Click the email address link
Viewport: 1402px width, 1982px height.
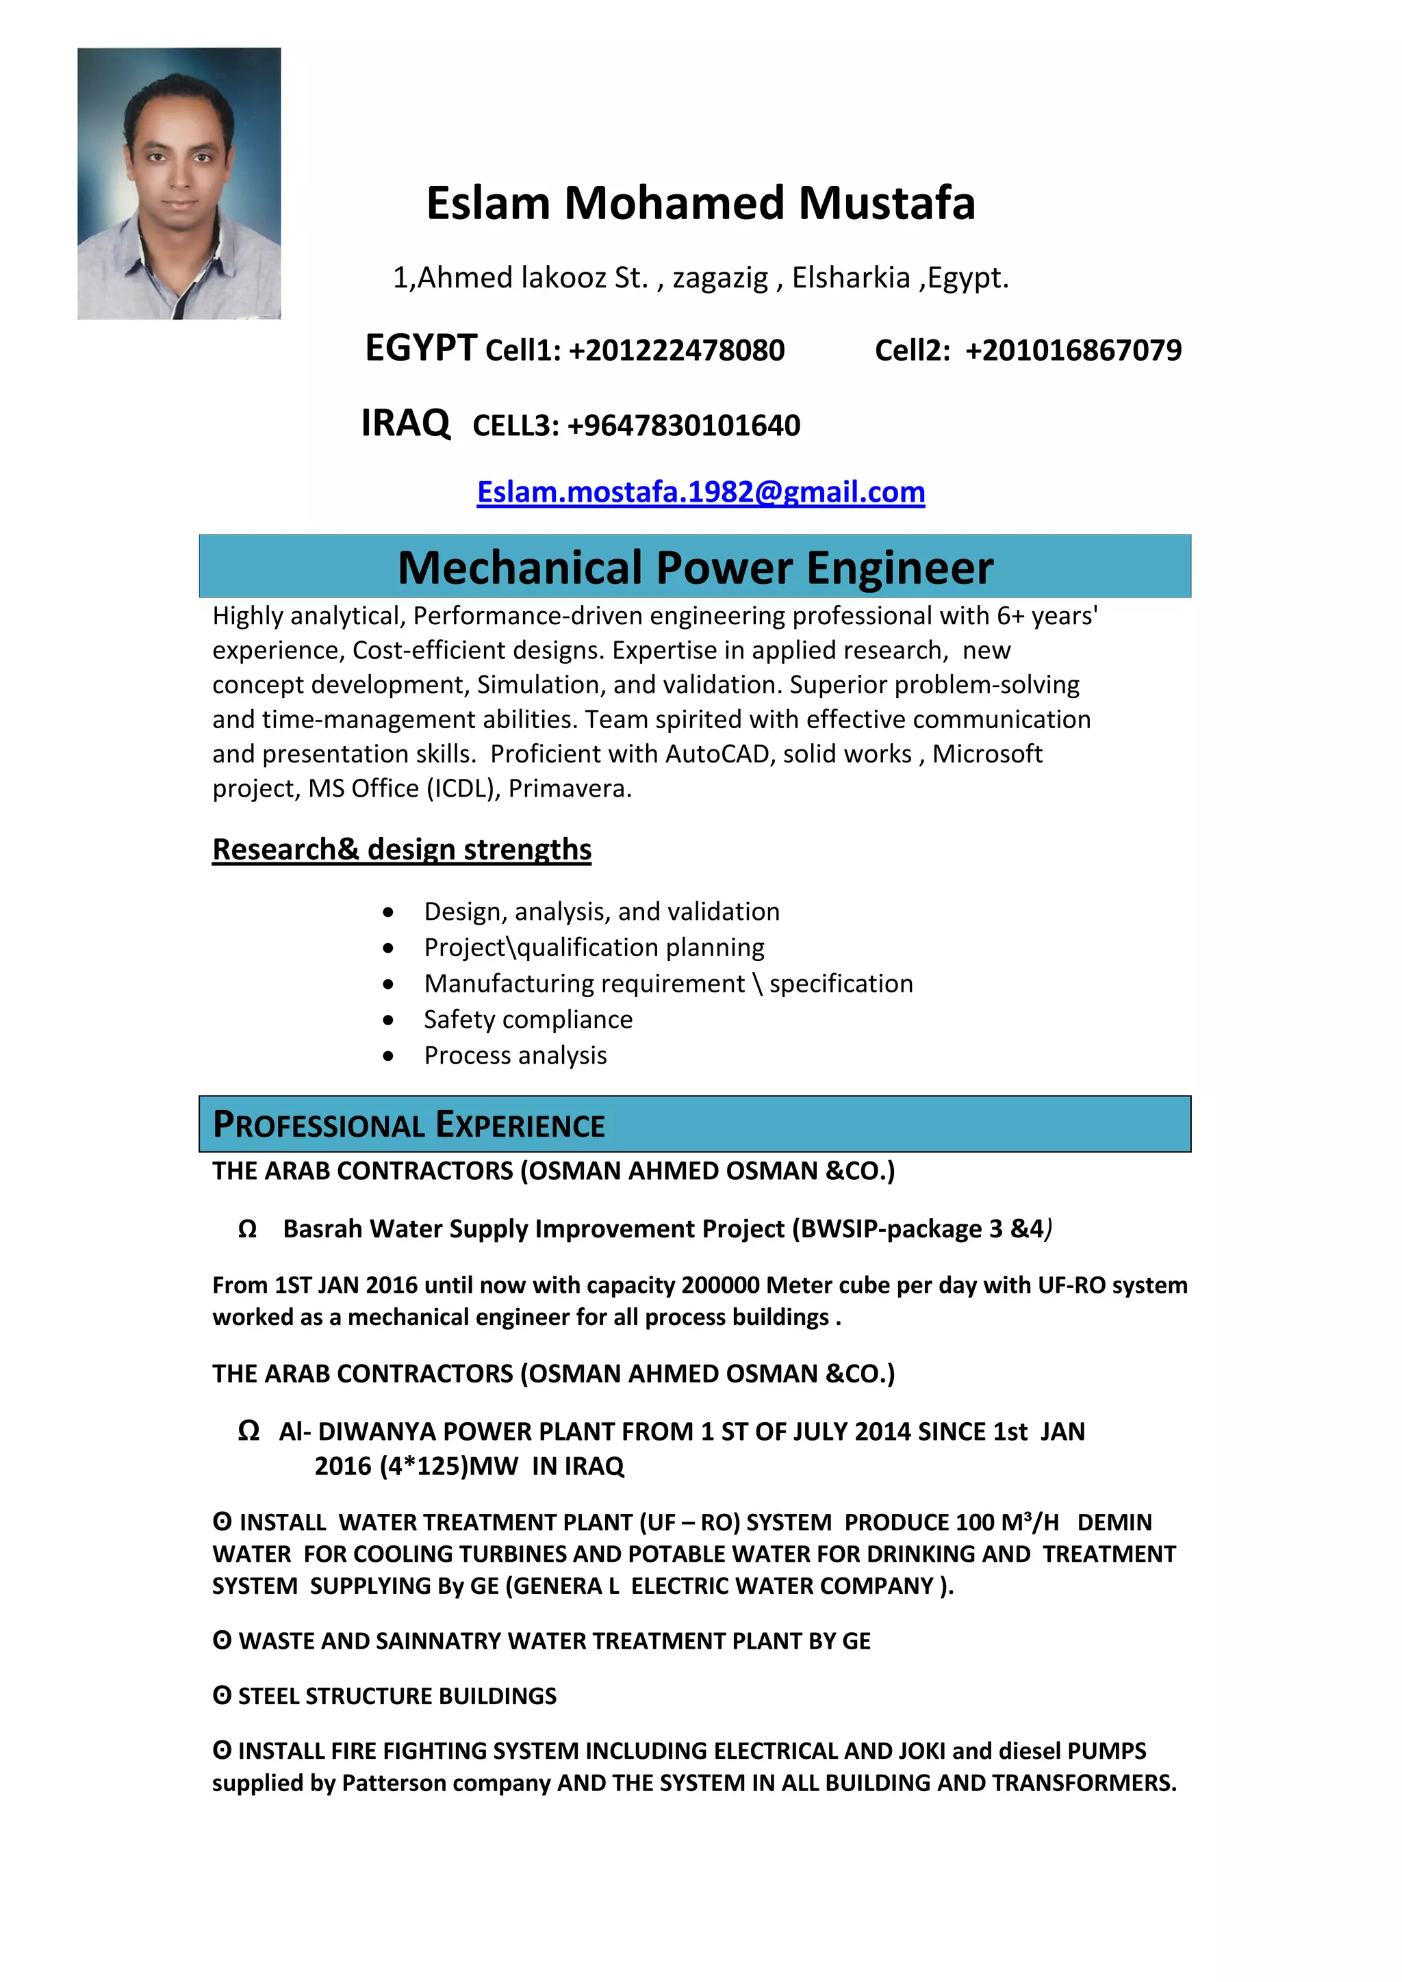pos(700,492)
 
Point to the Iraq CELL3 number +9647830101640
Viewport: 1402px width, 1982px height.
pos(683,426)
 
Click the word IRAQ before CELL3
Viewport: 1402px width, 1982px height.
pos(405,423)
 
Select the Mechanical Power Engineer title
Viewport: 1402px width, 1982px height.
pos(695,568)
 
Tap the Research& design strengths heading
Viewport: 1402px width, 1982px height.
pos(401,849)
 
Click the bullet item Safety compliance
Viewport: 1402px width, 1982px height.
pos(528,1020)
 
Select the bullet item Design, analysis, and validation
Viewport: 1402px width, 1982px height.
pos(601,912)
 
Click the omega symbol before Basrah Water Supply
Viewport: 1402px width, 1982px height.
pos(247,1229)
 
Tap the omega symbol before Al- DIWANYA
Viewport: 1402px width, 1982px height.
pos(248,1431)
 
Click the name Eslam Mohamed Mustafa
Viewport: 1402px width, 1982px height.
pos(700,204)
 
